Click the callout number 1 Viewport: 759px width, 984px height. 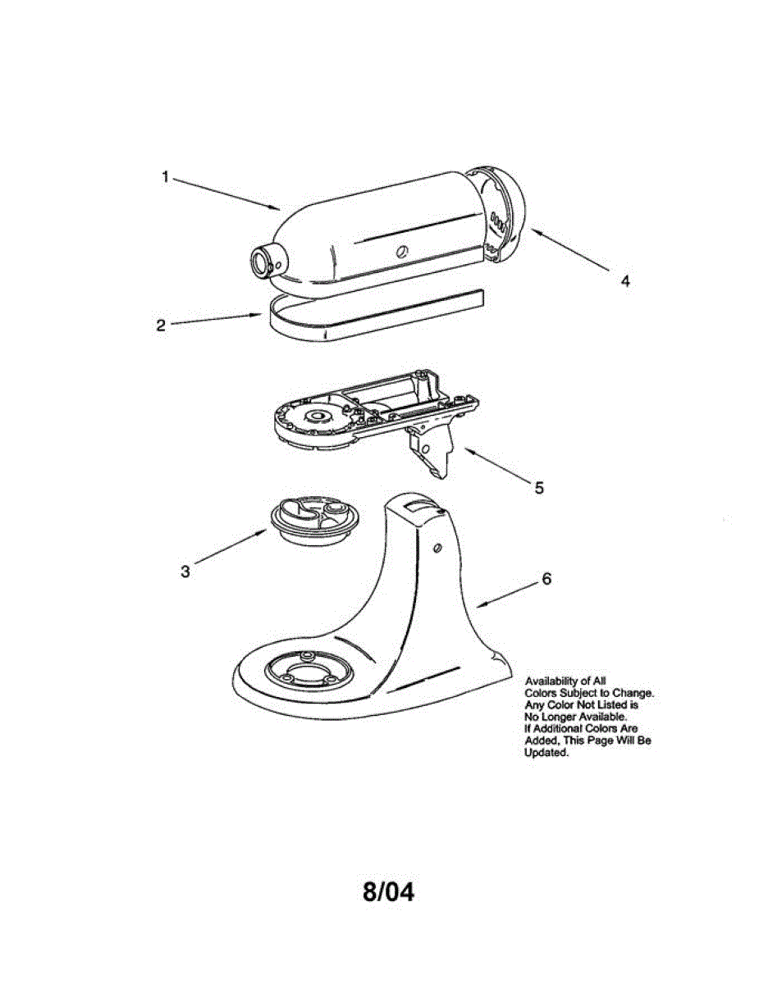click(x=165, y=176)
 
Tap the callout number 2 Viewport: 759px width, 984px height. click(x=162, y=325)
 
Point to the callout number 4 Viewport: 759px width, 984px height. click(x=625, y=280)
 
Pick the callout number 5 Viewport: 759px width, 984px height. click(x=539, y=488)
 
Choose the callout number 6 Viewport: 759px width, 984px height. click(x=546, y=579)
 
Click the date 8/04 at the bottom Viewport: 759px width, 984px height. click(x=389, y=892)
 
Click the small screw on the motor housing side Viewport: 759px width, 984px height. click(x=401, y=252)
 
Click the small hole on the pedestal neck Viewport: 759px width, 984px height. click(x=436, y=546)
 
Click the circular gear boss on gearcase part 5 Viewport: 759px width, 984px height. click(x=315, y=417)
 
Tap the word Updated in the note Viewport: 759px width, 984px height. click(x=546, y=753)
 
